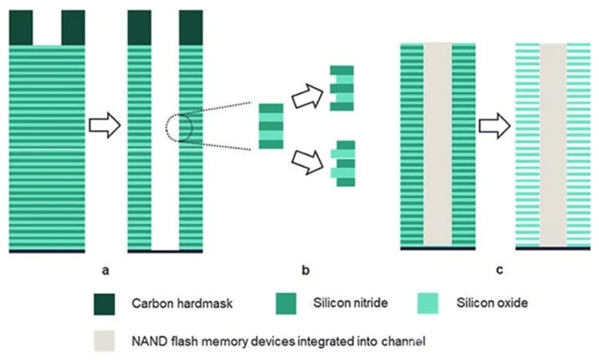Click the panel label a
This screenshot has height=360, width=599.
coord(106,271)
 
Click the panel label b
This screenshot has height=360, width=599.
coord(305,271)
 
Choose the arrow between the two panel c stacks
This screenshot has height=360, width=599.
coord(494,127)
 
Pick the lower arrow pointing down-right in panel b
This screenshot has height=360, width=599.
coord(306,157)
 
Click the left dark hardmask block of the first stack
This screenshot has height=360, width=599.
coord(20,27)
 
